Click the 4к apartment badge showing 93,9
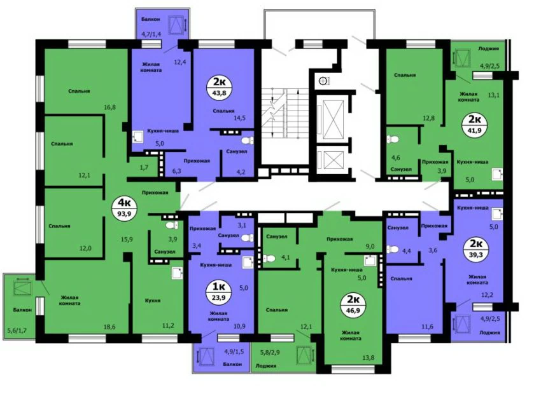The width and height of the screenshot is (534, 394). pos(124,208)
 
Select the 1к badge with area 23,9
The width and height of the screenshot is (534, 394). pos(219,292)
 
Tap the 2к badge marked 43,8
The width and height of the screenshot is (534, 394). pos(220,86)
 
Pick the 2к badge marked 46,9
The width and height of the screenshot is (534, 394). pos(353,304)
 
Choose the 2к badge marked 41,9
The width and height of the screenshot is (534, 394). pos(475,125)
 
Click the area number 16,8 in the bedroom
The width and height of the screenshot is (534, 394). pos(110,107)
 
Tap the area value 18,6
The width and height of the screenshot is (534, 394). pos(109,327)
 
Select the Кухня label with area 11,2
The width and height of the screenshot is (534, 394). pos(153,301)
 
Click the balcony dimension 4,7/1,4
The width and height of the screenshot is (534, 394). pos(151,34)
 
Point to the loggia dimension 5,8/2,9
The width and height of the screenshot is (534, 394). pos(270,353)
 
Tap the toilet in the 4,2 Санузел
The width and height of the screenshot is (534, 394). pos(246,140)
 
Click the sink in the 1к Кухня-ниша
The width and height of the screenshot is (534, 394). pos(248,262)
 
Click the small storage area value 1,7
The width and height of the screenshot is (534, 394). pos(144,167)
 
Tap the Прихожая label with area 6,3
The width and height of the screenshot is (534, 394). pos(197,161)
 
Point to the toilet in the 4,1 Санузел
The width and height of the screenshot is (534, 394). pos(269,259)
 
